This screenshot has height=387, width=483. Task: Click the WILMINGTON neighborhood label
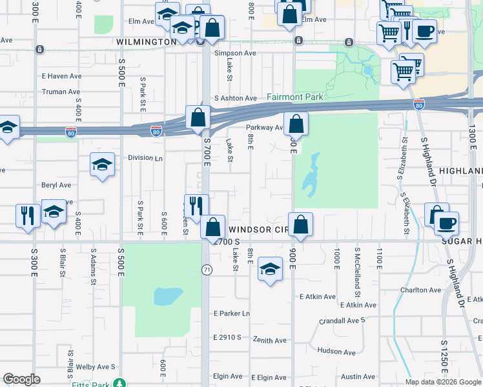click(x=147, y=42)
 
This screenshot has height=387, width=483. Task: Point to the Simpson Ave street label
click(x=236, y=54)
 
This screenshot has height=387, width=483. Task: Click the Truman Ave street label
click(x=61, y=92)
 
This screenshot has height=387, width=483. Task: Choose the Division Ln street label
click(x=145, y=157)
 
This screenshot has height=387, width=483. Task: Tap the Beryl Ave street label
click(x=56, y=185)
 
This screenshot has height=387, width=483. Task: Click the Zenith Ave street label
click(x=269, y=340)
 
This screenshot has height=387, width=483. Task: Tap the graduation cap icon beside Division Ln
click(x=102, y=165)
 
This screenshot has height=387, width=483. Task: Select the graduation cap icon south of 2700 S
click(x=270, y=269)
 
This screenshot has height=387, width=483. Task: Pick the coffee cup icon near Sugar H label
click(x=446, y=223)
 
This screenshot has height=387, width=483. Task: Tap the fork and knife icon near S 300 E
click(x=27, y=215)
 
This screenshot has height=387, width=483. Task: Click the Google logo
click(x=21, y=379)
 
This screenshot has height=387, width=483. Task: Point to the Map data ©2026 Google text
click(x=442, y=382)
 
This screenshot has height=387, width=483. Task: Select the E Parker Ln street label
click(x=231, y=313)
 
